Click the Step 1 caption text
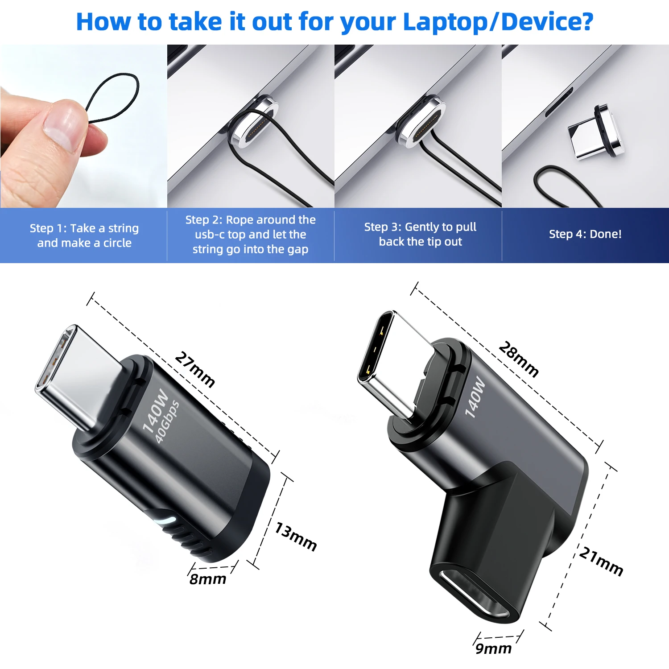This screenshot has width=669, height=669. coord(84,235)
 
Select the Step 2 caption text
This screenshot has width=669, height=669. coord(250,234)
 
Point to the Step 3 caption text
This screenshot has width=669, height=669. coord(420,234)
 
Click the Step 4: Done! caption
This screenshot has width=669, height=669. coord(585,234)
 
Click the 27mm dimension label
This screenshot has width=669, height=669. coord(195,369)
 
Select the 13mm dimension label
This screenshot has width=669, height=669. coord(295,537)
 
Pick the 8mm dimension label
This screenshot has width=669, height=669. coord(208,579)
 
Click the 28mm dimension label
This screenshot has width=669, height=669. coord(518,359)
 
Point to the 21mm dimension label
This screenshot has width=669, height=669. coord(601,562)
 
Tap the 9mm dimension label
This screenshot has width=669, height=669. coord(493,648)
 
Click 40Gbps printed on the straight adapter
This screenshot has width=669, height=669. coord(167,422)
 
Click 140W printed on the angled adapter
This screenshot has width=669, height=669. coord(475,397)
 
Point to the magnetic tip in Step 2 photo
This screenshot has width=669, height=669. coord(254,121)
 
